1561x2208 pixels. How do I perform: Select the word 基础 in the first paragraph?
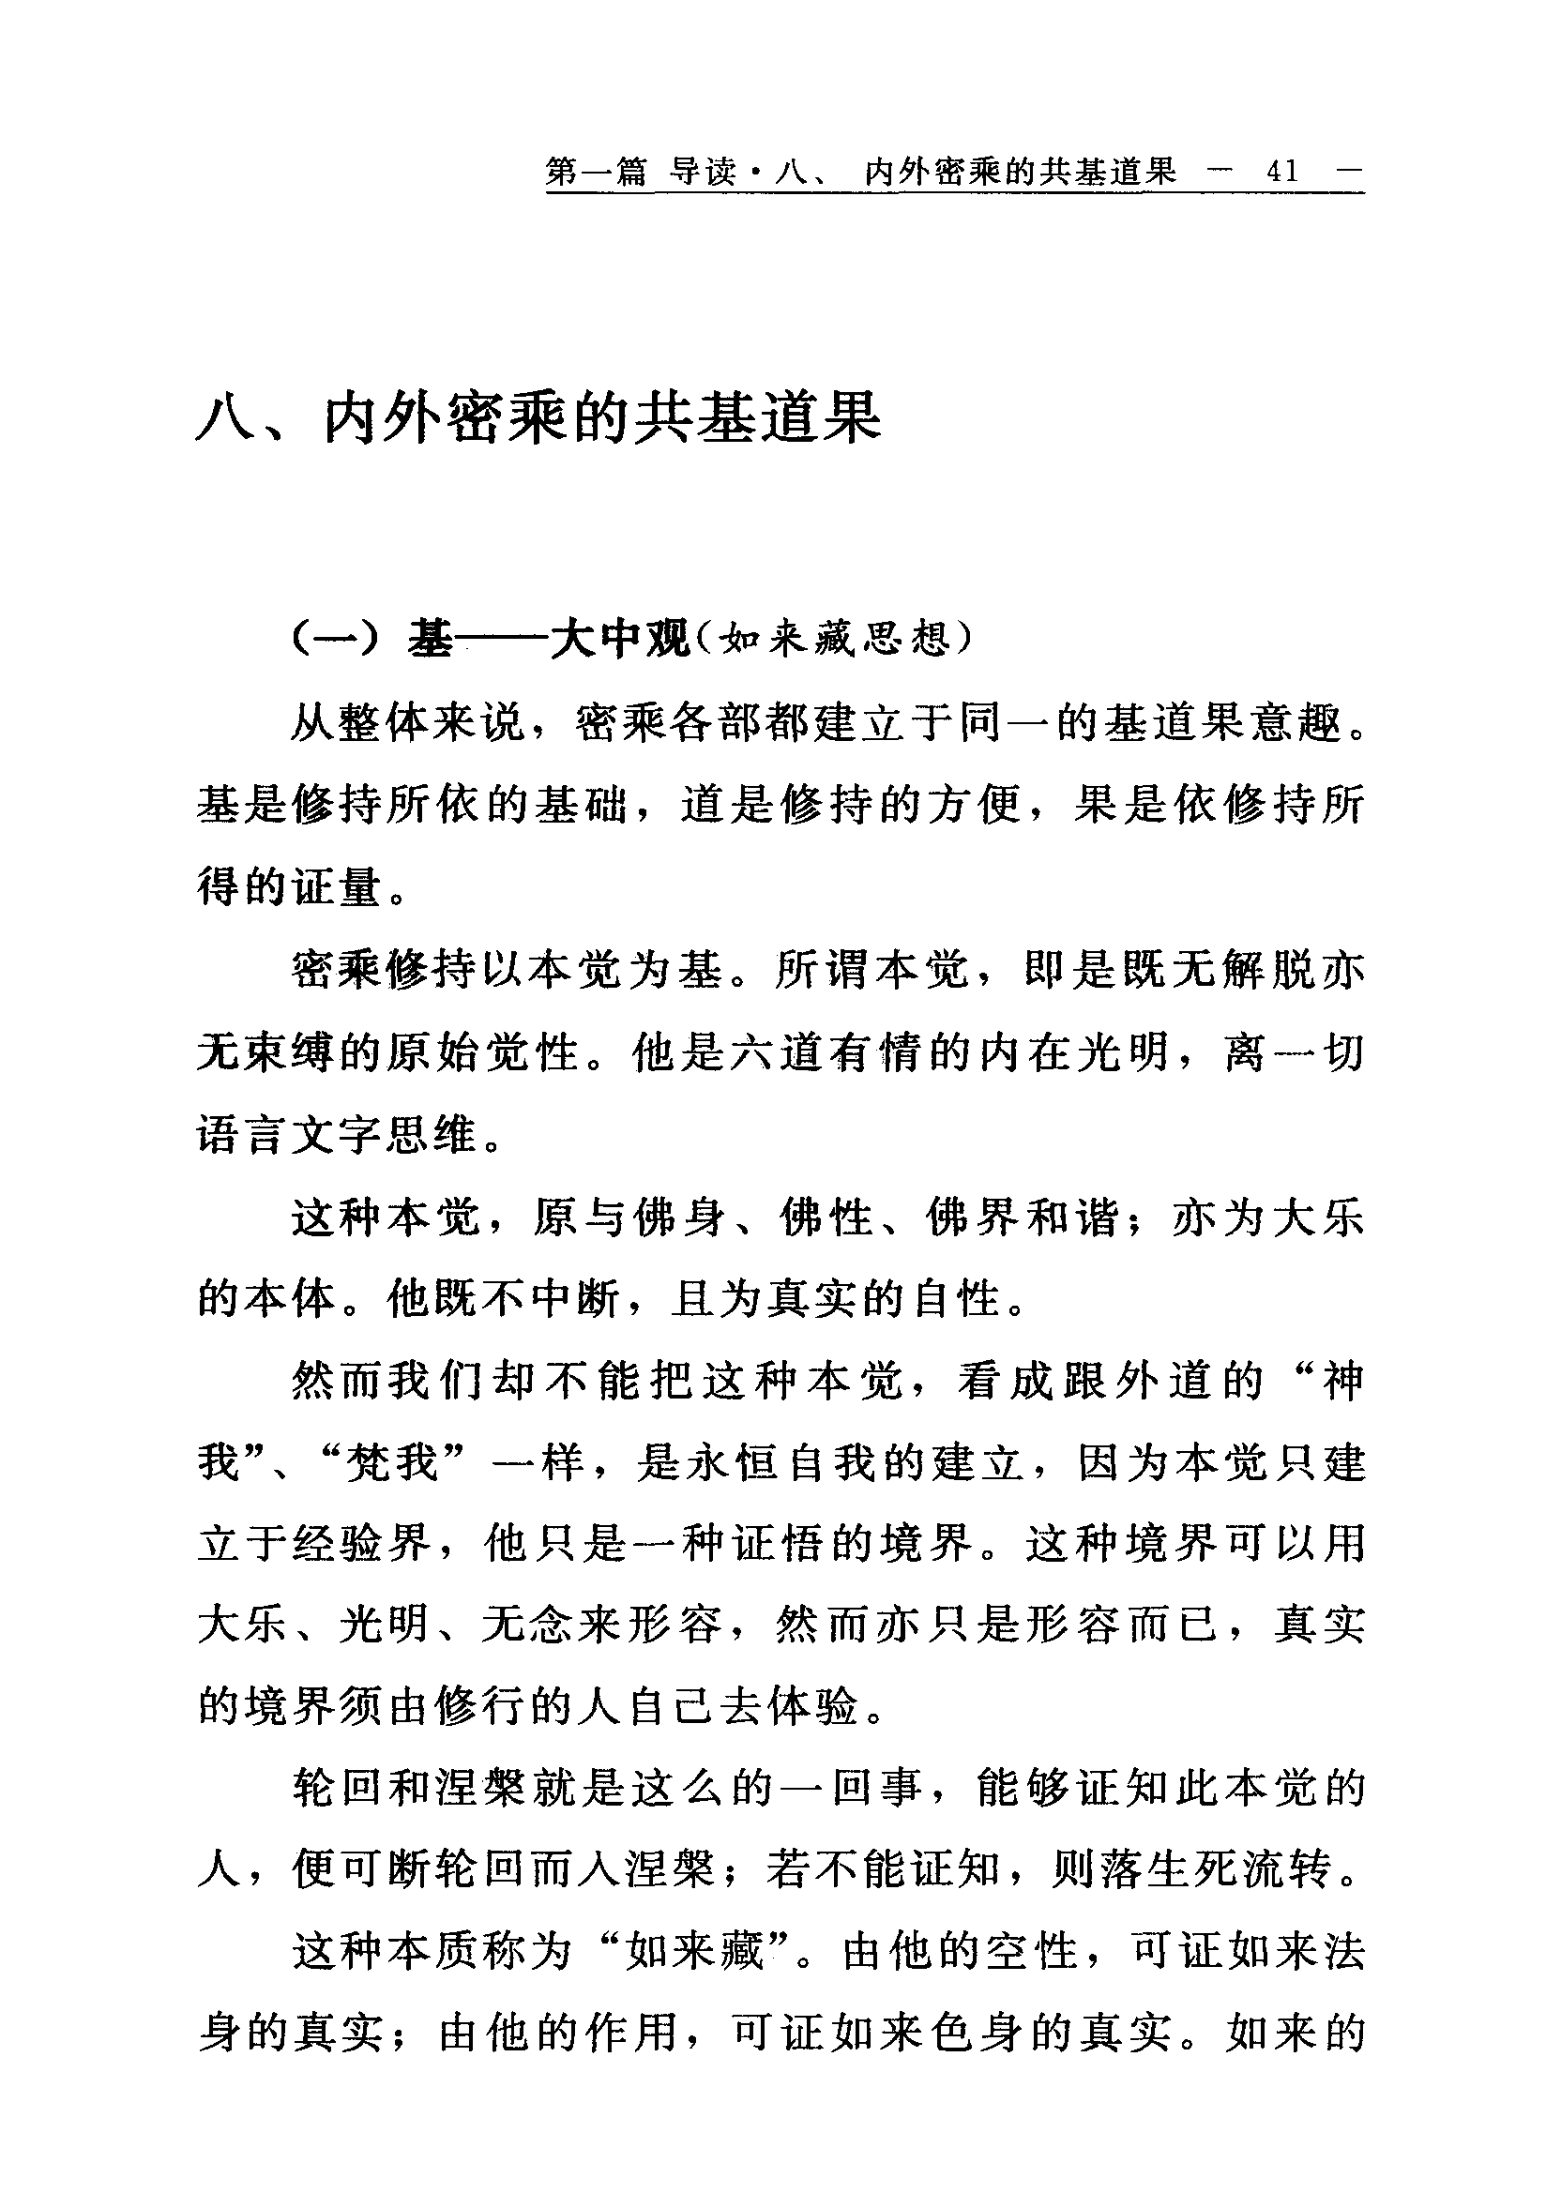pyautogui.click(x=582, y=804)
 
